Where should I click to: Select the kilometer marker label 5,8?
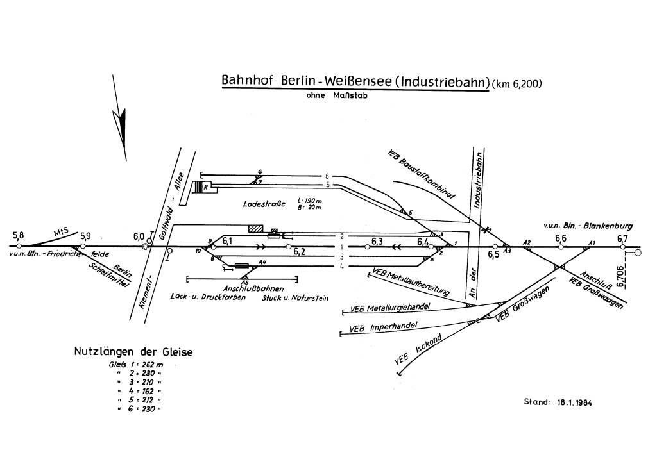(18, 235)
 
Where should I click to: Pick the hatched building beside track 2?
(256, 228)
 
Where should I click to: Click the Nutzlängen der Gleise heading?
(133, 352)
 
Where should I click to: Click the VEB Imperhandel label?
(384, 327)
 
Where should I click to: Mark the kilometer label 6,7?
(622, 239)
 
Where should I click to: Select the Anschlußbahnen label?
(241, 287)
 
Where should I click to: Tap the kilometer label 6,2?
(299, 252)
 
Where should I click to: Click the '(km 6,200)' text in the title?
(517, 83)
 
